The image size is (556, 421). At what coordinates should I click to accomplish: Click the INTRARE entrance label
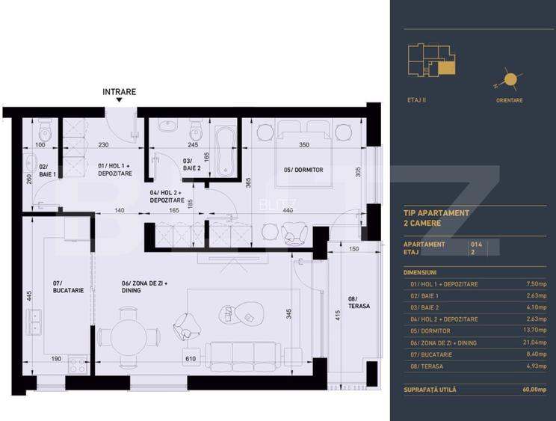(120, 92)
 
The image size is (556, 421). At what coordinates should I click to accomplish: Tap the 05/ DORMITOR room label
(303, 170)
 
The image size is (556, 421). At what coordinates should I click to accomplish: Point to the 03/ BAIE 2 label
(192, 165)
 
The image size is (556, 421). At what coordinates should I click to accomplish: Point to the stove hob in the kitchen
(78, 364)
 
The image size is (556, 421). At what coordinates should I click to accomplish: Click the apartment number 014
(476, 244)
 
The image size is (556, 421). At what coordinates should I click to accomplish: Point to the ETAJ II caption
(418, 99)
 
